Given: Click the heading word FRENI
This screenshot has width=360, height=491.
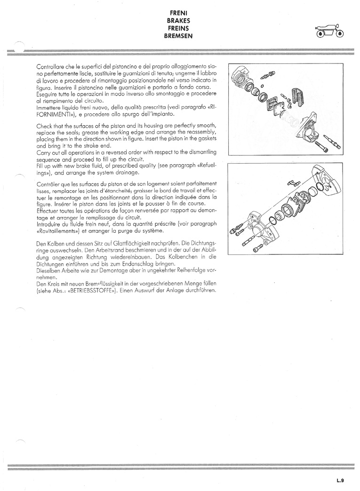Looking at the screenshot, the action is click(x=178, y=13).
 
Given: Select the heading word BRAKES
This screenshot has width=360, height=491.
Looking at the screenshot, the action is click(x=178, y=21).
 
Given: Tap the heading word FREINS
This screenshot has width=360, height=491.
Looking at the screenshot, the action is click(x=178, y=28).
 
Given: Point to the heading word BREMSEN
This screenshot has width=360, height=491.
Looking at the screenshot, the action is click(x=178, y=36).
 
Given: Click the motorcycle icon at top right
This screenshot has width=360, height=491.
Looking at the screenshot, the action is click(x=329, y=31).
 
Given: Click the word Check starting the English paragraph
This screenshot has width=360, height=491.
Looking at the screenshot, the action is click(x=44, y=126).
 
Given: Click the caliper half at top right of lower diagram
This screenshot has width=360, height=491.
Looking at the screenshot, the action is click(x=326, y=185).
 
